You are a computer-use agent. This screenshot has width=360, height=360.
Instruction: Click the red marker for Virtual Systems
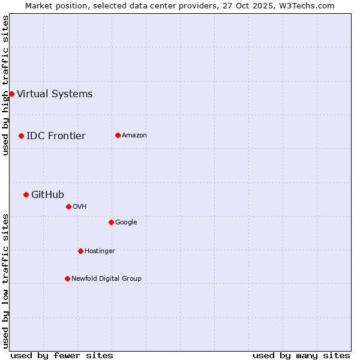(x=11, y=94)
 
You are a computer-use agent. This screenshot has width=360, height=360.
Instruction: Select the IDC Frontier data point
(x=21, y=136)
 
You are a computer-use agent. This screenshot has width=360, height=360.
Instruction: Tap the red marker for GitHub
(x=26, y=194)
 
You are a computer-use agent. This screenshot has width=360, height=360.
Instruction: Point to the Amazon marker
(x=118, y=135)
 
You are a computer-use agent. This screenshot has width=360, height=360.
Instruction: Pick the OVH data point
(x=68, y=206)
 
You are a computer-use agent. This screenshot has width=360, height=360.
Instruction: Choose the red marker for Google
(x=111, y=222)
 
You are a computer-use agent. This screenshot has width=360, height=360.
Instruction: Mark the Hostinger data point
(x=80, y=251)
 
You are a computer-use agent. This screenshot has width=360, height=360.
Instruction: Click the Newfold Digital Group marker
(x=67, y=278)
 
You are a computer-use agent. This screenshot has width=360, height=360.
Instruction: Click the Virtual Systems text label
(x=55, y=94)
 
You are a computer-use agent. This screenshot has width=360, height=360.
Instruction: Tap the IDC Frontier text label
(x=56, y=136)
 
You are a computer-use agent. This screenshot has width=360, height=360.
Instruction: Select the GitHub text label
(x=47, y=194)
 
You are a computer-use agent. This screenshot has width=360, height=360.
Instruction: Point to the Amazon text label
(x=134, y=135)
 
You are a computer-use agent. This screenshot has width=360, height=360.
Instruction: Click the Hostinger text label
(x=100, y=251)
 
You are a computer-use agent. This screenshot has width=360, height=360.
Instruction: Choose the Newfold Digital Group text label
(x=106, y=278)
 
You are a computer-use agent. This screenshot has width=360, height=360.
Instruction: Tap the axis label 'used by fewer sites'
(x=62, y=355)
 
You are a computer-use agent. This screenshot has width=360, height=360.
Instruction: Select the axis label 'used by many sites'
(x=301, y=355)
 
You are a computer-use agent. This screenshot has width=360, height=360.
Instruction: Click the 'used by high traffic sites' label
(x=5, y=85)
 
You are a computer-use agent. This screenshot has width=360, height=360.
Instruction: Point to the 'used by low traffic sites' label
(x=5, y=281)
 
